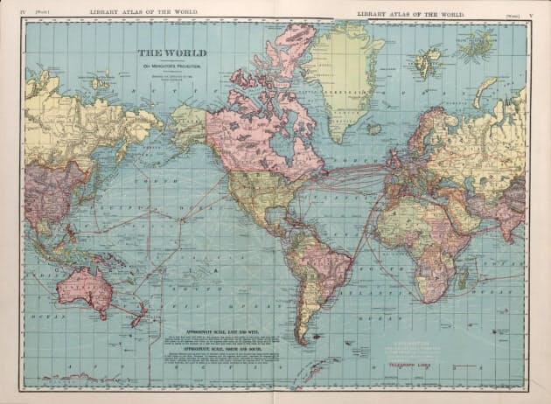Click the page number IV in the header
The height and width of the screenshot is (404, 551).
coord(11,10)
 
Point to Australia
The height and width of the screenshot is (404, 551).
coord(84,289)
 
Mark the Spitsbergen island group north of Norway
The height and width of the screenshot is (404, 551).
coord(428,61)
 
